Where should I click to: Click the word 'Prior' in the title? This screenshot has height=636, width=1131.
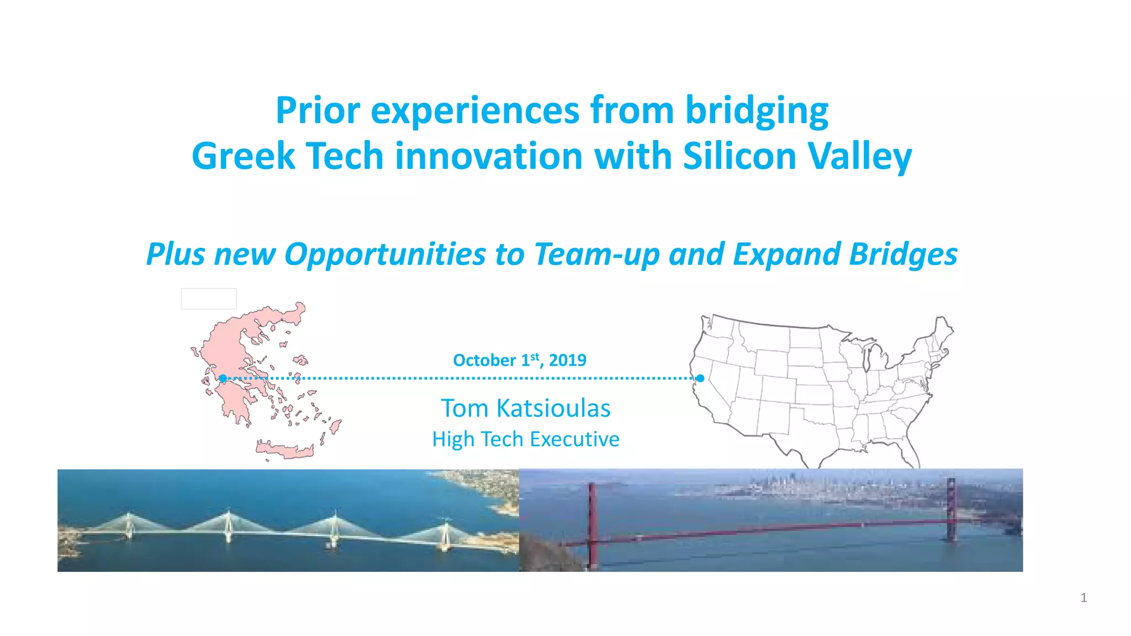[318, 111]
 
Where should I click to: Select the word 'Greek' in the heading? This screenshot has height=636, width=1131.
[243, 156]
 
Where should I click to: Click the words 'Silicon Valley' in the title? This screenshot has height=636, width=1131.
[797, 156]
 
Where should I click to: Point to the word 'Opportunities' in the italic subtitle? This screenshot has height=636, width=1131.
[385, 255]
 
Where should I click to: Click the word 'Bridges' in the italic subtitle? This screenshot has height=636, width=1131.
[903, 255]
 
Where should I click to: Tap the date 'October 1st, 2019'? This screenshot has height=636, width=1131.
[519, 360]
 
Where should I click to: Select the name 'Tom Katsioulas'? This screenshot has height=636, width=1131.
[525, 409]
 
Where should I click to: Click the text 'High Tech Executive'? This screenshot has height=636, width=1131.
[525, 439]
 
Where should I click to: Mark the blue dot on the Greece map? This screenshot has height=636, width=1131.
[223, 378]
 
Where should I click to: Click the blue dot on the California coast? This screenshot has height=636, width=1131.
[700, 378]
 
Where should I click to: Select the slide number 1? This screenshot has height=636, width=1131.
[1084, 598]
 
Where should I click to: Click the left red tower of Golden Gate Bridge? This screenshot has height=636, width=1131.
[592, 524]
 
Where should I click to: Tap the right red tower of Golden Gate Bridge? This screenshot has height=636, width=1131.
[951, 511]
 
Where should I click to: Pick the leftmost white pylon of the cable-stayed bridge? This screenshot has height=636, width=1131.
[129, 526]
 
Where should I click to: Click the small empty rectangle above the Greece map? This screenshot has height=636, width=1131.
[209, 299]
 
